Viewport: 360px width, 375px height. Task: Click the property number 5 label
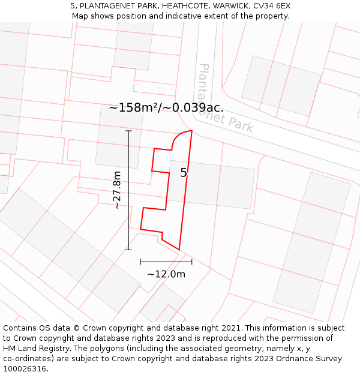pyautogui.click(x=184, y=173)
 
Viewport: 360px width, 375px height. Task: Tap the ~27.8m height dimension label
pyautogui.click(x=116, y=190)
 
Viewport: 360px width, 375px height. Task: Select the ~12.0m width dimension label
pyautogui.click(x=166, y=274)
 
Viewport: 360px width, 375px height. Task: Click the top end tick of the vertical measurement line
pyautogui.click(x=128, y=130)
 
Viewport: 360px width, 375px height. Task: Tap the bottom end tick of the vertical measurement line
pyautogui.click(x=128, y=250)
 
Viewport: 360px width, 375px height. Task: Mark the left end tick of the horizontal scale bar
pyautogui.click(x=140, y=262)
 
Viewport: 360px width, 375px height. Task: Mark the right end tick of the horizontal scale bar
pyautogui.click(x=192, y=262)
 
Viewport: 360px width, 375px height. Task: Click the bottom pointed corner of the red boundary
pyautogui.click(x=179, y=250)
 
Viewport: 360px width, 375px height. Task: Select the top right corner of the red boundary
pyautogui.click(x=191, y=130)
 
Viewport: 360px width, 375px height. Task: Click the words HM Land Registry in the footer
pyautogui.click(x=34, y=349)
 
